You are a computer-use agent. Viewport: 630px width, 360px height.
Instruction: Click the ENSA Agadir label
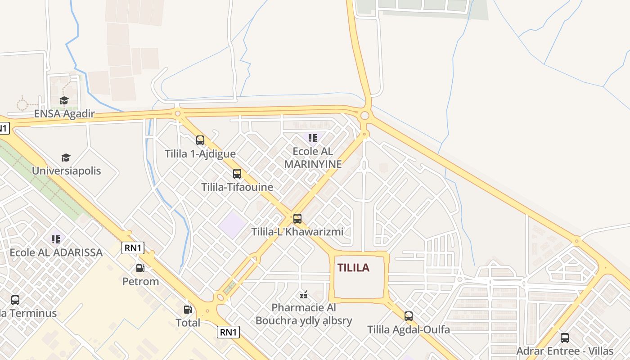pyautogui.click(x=64, y=113)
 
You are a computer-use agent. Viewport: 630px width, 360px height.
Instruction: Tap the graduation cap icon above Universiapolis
pyautogui.click(x=66, y=157)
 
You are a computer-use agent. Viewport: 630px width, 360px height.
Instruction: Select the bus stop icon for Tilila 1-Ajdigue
pyautogui.click(x=200, y=140)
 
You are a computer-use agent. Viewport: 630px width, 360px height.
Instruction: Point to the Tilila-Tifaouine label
pyautogui.click(x=237, y=187)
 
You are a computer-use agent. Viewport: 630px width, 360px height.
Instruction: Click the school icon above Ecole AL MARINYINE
pyautogui.click(x=313, y=138)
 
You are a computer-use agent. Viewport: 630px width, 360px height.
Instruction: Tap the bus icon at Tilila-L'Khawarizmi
pyautogui.click(x=297, y=219)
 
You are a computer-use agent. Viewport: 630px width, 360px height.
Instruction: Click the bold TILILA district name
pyautogui.click(x=353, y=268)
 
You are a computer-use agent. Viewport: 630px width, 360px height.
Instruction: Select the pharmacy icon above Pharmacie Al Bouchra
pyautogui.click(x=304, y=295)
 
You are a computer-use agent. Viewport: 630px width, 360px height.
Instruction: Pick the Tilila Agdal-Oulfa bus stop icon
pyautogui.click(x=409, y=316)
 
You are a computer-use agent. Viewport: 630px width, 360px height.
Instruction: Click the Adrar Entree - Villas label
pyautogui.click(x=565, y=351)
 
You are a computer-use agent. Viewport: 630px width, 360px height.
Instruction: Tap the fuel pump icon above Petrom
pyautogui.click(x=140, y=268)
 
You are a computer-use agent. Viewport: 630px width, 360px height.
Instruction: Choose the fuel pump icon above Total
pyautogui.click(x=188, y=310)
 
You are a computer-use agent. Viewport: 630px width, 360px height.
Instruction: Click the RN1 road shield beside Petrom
pyautogui.click(x=133, y=248)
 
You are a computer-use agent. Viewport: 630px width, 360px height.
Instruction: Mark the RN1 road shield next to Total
pyautogui.click(x=229, y=333)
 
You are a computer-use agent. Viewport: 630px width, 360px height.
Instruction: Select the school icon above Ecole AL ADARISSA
pyautogui.click(x=56, y=239)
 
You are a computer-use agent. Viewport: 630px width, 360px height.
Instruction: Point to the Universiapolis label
pyautogui.click(x=66, y=171)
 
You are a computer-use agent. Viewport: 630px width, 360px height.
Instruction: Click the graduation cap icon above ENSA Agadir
pyautogui.click(x=64, y=100)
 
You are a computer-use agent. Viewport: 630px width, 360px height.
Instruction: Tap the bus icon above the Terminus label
pyautogui.click(x=15, y=300)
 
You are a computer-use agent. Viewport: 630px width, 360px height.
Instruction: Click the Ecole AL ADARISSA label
pyautogui.click(x=56, y=252)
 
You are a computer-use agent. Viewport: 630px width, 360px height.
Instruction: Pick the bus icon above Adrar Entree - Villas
pyautogui.click(x=565, y=337)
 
